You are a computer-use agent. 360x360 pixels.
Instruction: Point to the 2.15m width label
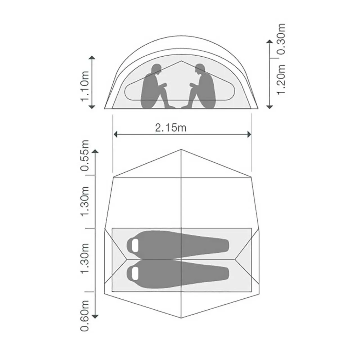coord(170,128)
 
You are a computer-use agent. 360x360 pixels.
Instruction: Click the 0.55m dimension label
coord(85,156)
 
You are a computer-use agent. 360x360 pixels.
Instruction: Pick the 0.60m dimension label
coord(85,316)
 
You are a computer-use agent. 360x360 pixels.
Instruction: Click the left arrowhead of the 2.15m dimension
coord(116,134)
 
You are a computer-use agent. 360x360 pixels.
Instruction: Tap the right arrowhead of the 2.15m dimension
coord(249,134)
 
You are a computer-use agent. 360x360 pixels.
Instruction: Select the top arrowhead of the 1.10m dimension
coord(92,58)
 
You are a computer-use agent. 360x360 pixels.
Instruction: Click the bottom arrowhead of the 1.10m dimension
coord(92,107)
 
